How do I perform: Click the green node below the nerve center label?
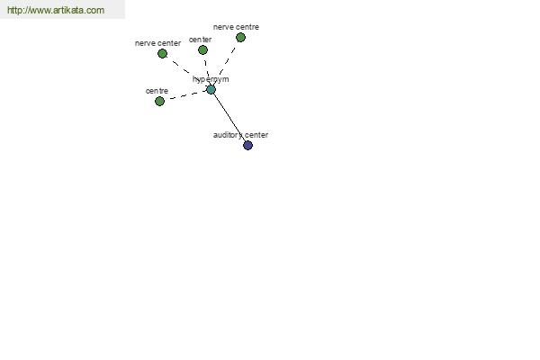coord(162,54)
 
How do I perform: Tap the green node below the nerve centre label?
coord(240,37)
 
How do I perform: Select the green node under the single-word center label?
coord(202,50)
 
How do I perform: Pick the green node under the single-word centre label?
coord(159,102)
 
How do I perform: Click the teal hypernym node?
coord(211,90)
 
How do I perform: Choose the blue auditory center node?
coord(248,146)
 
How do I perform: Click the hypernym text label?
coord(211,79)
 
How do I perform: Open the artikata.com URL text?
coord(56,10)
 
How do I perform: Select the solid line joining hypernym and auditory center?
coord(229,118)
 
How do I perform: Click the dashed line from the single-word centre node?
coord(185,95)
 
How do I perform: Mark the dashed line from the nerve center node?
coord(186,72)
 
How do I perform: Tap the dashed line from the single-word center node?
coord(207,70)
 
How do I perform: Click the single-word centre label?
coord(157,91)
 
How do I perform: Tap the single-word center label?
coord(200,40)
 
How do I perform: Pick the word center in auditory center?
coord(256,135)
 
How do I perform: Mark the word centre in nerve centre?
coord(247,27)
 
